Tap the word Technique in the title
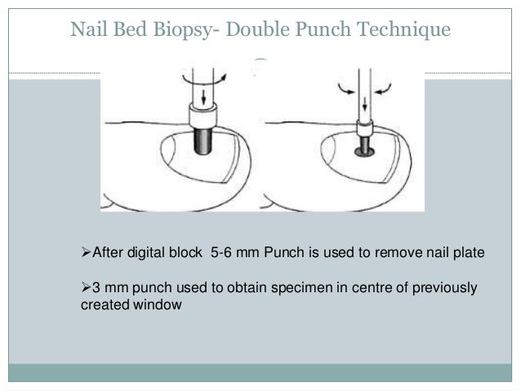click(x=405, y=30)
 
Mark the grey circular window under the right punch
click(x=364, y=151)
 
